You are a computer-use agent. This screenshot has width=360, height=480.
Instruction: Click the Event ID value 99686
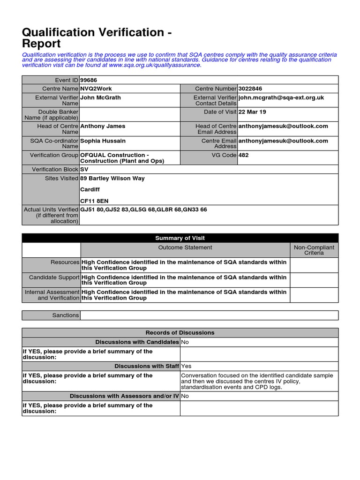pos(89,80)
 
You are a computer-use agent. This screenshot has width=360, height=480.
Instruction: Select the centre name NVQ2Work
pos(96,89)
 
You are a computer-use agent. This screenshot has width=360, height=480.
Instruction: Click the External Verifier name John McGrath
pos(100,97)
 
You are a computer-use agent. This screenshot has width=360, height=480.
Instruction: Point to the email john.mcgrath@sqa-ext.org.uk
pos(281,97)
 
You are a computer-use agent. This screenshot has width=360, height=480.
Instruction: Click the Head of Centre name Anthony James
pos(103,126)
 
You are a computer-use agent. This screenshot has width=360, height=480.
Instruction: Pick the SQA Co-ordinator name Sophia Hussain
pos(103,141)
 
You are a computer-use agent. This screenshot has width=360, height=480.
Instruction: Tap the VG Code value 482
pos(244,155)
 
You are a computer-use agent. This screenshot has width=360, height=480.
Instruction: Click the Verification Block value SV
pos(84,169)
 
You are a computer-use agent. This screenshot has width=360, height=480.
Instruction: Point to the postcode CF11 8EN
pos(94,201)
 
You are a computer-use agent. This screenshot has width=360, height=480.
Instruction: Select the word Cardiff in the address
pos(90,190)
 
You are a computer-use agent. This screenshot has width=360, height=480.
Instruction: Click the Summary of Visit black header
pos(180,238)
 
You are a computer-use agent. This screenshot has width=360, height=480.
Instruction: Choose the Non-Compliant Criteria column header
pos(314,250)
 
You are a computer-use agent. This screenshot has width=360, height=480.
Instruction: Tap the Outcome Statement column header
pos(185,247)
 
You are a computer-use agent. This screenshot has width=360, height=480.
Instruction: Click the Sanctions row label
pos(66,315)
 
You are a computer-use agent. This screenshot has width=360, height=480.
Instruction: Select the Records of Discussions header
pos(180,333)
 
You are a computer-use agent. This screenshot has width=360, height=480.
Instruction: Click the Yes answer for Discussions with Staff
pos(186,366)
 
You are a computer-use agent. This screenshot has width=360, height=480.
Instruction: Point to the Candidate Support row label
pos(54,277)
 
